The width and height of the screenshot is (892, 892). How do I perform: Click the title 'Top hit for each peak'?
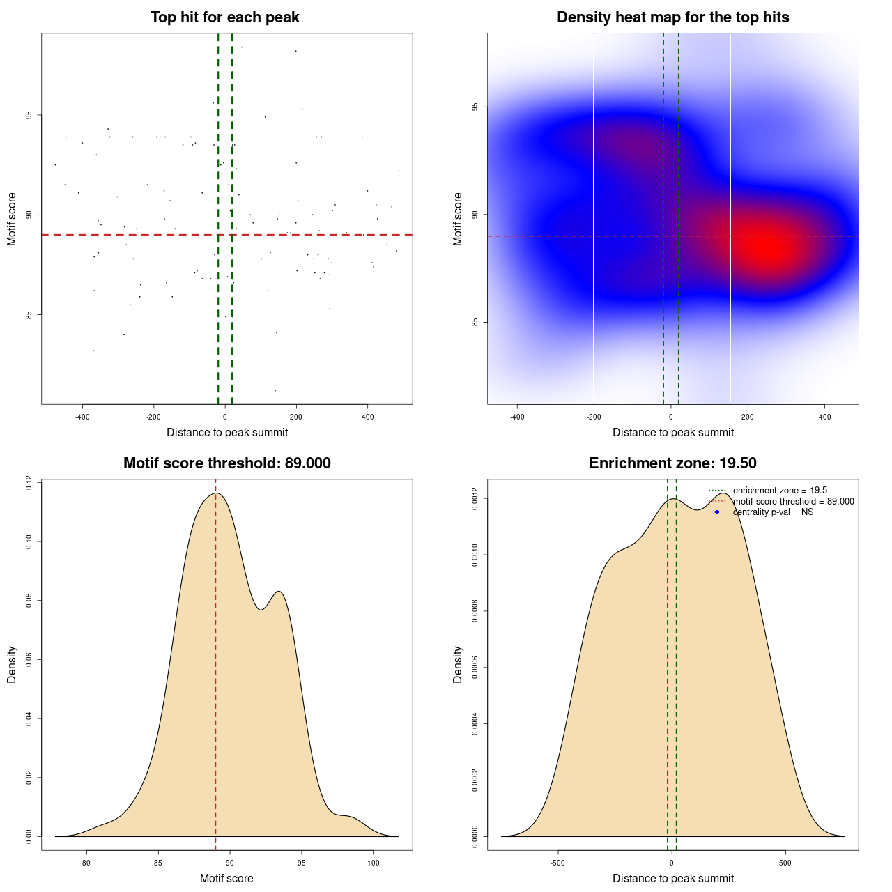224,17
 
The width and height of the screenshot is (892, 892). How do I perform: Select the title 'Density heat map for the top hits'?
672,17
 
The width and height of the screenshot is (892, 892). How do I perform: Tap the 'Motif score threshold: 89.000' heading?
226,463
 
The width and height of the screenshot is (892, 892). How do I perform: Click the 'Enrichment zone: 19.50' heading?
672,463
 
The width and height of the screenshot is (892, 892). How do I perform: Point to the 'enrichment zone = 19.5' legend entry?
780,491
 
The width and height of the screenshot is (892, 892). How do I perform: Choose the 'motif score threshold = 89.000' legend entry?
793,502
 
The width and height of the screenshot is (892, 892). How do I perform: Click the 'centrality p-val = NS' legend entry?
773,512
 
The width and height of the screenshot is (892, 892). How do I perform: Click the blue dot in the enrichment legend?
717,512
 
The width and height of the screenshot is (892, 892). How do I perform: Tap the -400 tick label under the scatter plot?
82,417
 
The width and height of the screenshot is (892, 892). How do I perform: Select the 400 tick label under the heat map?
825,417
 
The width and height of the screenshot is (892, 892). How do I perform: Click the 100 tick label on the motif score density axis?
373,863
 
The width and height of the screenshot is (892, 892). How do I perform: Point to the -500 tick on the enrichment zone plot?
557,863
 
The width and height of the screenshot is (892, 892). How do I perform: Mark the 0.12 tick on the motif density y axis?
29,483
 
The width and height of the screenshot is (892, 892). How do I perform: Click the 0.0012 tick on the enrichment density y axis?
475,499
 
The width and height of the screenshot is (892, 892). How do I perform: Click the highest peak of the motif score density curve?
217,493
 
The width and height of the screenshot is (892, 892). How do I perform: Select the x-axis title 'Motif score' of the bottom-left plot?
226,878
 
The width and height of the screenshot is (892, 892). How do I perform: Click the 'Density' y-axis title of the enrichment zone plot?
458,664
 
